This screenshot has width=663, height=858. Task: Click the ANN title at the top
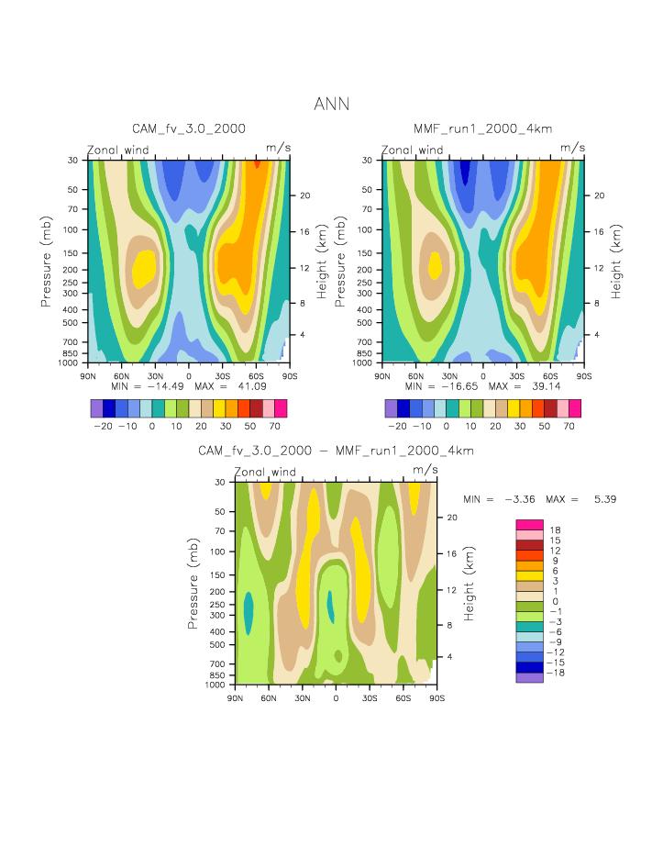[x=331, y=104]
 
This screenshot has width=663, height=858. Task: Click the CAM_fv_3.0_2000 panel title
[x=189, y=128]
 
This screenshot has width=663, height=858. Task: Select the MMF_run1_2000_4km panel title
[x=482, y=128]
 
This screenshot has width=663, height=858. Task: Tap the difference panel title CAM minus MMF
[x=336, y=451]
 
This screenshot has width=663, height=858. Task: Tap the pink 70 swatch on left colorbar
[x=281, y=408]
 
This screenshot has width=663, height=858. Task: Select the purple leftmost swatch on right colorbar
[x=392, y=408]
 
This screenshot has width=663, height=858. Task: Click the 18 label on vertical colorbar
[x=556, y=530]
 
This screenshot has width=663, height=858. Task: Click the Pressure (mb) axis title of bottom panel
[x=194, y=584]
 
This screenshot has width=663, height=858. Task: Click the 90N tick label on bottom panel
[x=235, y=698]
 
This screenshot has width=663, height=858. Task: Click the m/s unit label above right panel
[x=572, y=147]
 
